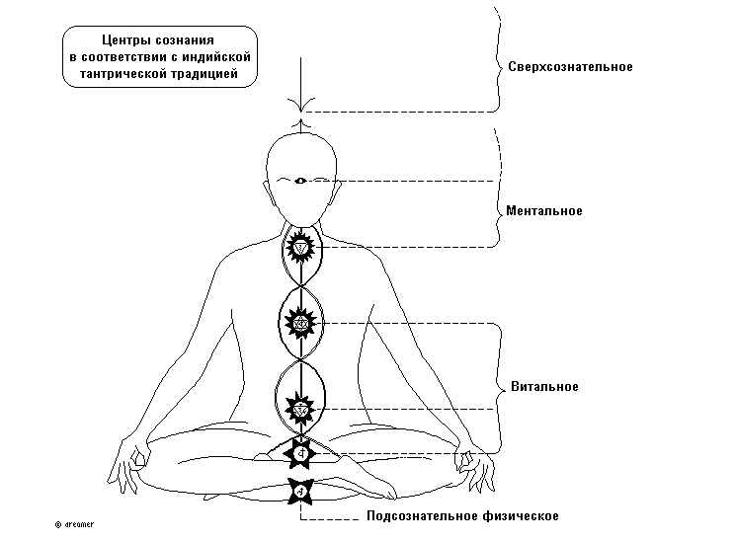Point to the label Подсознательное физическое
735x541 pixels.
tap(462, 516)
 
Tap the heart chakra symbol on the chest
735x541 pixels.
tap(299, 322)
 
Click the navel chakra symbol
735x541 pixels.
tap(299, 406)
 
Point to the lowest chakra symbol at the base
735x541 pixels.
tap(299, 488)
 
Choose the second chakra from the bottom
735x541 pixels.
tap(299, 453)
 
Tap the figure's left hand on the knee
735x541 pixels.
tap(468, 461)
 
